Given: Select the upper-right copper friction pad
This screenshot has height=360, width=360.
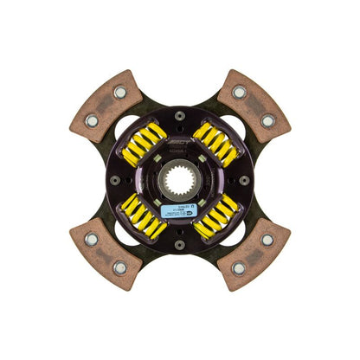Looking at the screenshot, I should click(254, 106).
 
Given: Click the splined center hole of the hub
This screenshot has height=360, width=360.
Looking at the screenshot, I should click(181, 180).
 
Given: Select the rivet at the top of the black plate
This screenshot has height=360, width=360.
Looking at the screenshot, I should click(181, 112).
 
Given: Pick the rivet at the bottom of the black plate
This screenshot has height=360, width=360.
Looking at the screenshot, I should click(181, 245).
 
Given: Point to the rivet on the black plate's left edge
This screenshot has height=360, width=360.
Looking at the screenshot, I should click(115, 179).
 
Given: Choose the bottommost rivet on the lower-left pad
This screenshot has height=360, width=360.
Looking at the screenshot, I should click(119, 267).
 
